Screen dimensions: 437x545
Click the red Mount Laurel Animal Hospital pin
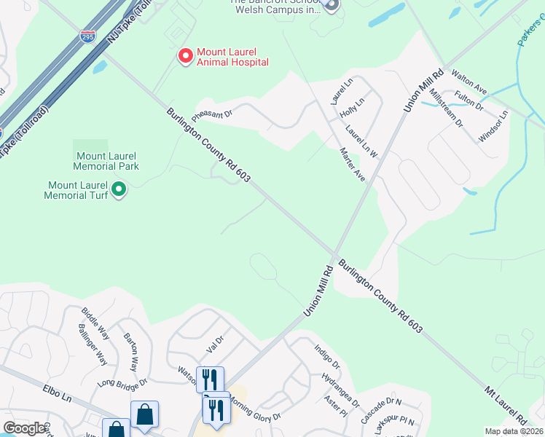185,55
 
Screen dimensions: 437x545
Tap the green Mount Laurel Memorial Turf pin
119,191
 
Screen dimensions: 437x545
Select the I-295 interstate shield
87,36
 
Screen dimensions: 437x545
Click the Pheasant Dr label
212,114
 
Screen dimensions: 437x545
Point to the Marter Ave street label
353,165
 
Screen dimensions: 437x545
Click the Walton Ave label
468,82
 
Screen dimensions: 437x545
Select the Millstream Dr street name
446,107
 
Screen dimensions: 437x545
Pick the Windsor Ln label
493,127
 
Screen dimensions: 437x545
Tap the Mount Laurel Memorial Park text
107,161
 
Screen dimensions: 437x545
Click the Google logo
24,428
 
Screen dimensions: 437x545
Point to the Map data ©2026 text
513,431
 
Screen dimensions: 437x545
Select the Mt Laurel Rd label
506,405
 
